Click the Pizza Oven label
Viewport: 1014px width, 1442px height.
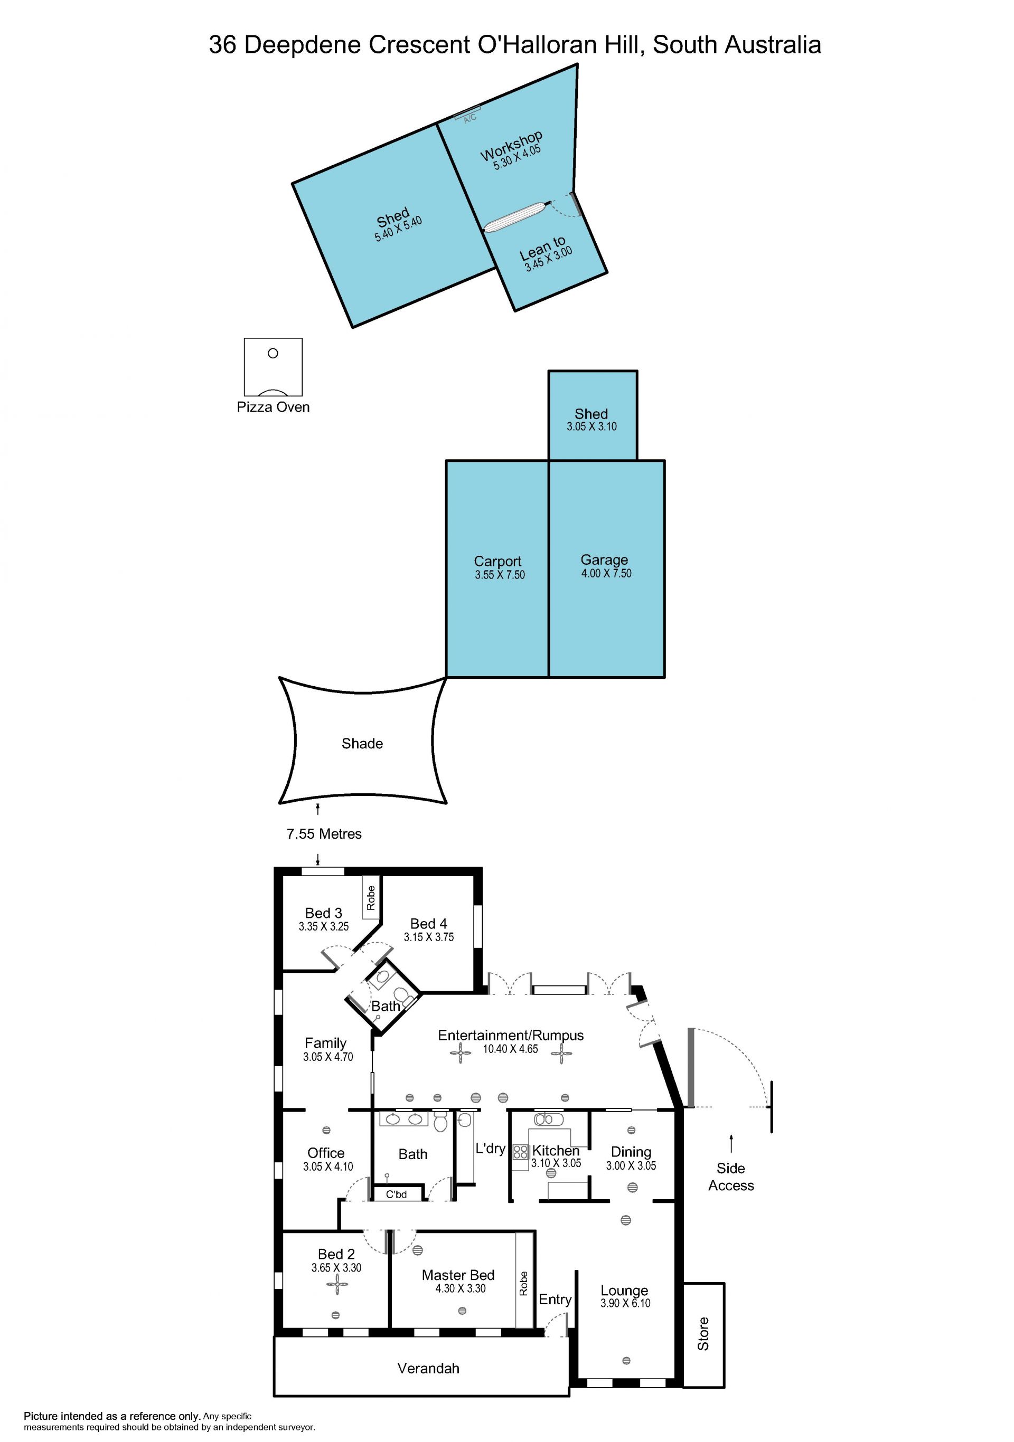[273, 407]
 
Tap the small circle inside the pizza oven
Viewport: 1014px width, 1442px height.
[273, 353]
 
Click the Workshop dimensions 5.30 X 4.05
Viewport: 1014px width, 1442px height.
[517, 157]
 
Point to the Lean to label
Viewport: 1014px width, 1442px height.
[542, 248]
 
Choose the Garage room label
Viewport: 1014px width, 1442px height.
[604, 559]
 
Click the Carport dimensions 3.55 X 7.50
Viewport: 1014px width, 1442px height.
[500, 575]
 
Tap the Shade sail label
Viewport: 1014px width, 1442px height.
[362, 744]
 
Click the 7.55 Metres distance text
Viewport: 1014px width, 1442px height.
[324, 834]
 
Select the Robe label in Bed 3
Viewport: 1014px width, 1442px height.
[371, 897]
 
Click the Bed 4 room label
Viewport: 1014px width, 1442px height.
[428, 924]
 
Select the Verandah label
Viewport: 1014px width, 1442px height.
[428, 1369]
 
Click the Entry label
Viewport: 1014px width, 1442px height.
[555, 1299]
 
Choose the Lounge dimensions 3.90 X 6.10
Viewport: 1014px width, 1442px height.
[625, 1303]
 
